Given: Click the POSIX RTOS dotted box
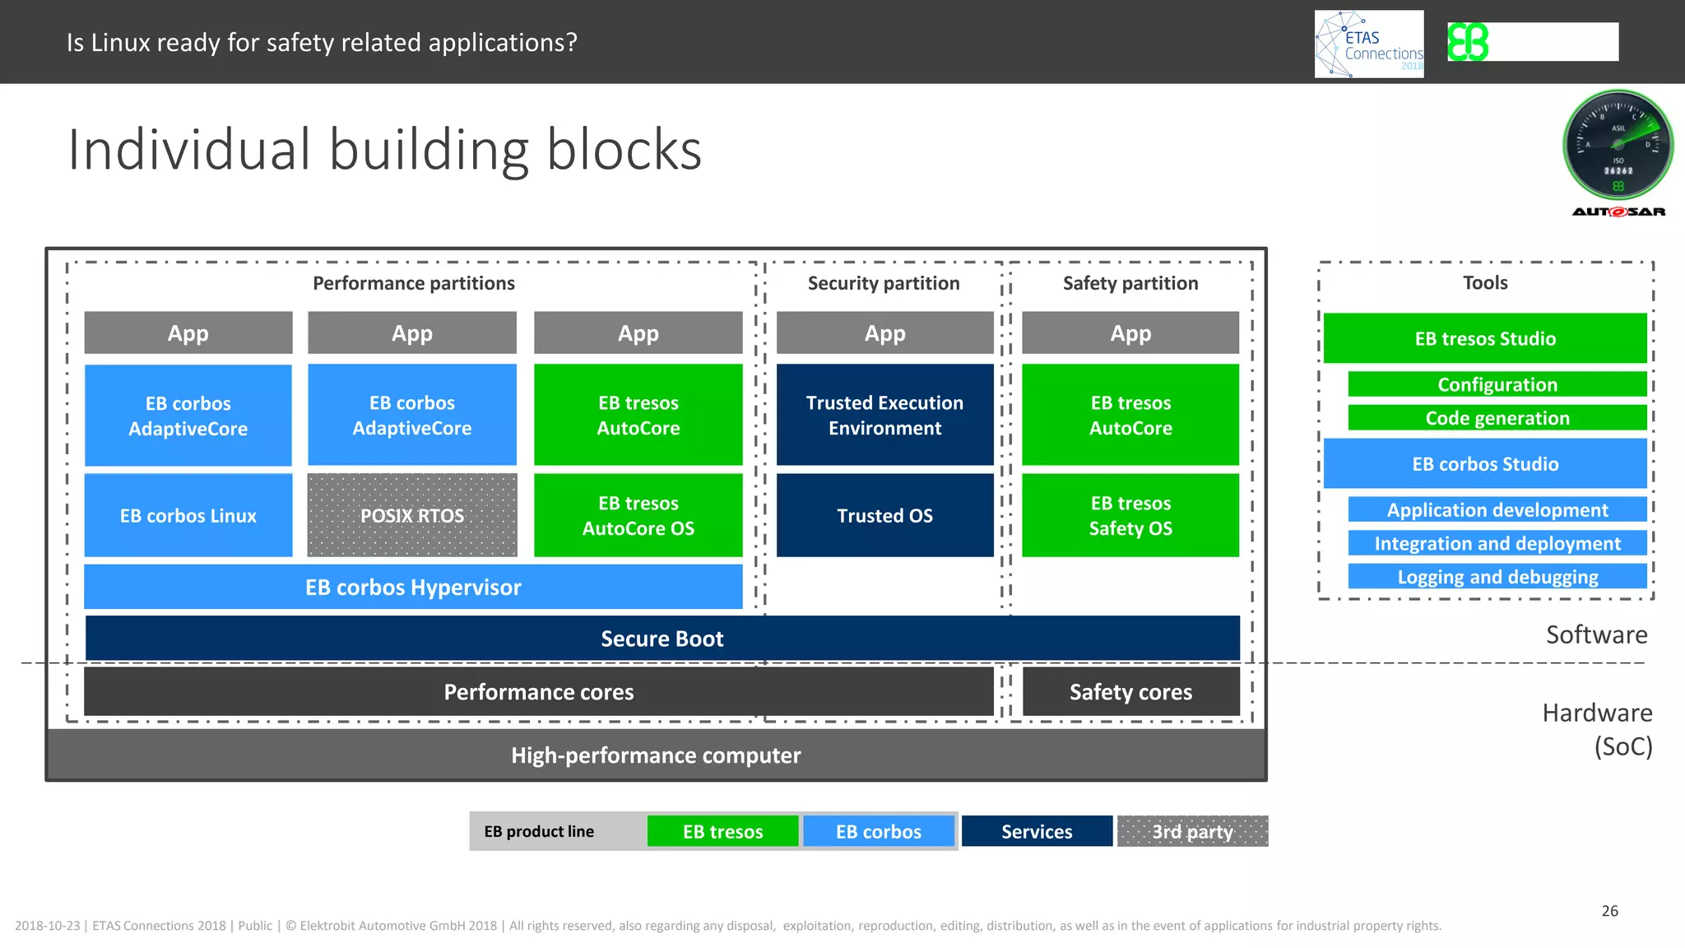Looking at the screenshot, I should point(412,515).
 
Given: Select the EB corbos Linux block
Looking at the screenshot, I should point(188,515).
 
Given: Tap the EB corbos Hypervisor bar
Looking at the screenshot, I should point(413,587).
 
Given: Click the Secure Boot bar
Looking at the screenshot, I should point(662,639).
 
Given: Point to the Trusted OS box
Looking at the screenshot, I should point(885,515).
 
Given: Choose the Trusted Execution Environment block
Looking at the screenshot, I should point(885,415).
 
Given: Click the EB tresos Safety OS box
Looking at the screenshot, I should point(1130,515).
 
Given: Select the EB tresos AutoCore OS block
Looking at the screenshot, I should point(638,515).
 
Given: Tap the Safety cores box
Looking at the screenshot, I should point(1130,692).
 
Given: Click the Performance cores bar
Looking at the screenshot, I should point(539,692).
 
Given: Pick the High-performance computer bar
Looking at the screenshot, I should point(656,755).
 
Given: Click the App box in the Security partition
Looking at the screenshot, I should point(885,333).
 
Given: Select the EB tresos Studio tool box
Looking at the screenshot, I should point(1485,338).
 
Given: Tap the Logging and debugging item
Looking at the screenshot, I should point(1497,577).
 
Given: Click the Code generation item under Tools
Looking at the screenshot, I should point(1497,418).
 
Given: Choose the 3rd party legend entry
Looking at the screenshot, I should point(1192,831).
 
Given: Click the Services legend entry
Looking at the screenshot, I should point(1037,831).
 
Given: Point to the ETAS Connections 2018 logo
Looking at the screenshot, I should point(1369,44).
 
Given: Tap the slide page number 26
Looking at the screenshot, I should point(1610,911).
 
